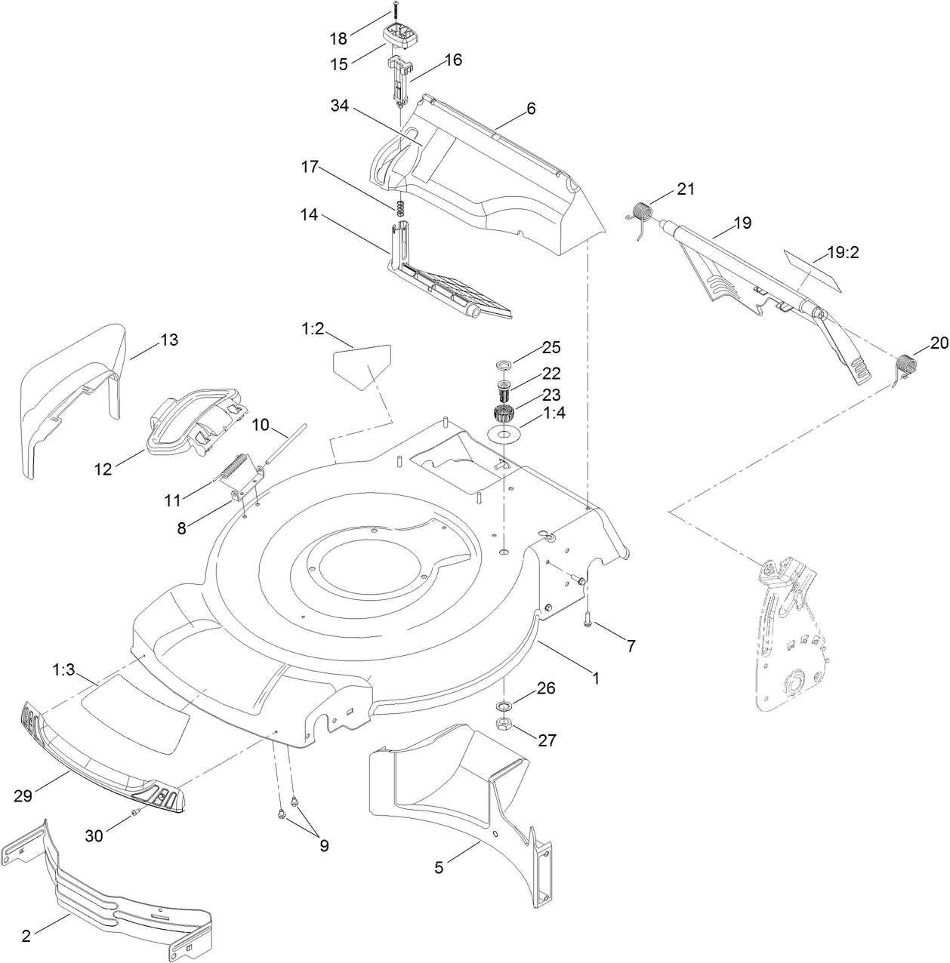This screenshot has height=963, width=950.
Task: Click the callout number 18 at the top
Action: click(338, 38)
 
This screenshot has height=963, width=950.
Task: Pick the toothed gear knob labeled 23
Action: click(502, 414)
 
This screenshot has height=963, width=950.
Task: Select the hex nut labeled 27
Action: click(504, 726)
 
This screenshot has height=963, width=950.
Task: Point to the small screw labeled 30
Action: click(135, 812)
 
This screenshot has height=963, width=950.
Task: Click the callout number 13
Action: click(169, 340)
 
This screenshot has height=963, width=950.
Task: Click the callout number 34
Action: click(339, 106)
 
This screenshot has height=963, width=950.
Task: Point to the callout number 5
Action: click(439, 868)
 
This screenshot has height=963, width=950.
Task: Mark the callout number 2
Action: click(26, 936)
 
